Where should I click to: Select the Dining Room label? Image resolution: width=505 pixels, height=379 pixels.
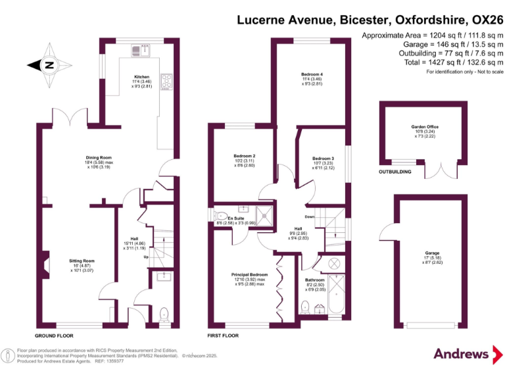tap(99, 157)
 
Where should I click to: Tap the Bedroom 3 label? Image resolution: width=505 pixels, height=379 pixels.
tap(323, 159)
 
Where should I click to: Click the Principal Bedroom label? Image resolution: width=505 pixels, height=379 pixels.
tap(249, 274)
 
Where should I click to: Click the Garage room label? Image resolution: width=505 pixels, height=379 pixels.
tap(432, 252)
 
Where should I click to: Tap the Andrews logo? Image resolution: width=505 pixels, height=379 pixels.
tap(462, 354)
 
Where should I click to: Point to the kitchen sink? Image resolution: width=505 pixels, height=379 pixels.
tap(141, 50)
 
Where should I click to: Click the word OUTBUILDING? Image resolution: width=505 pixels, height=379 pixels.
tap(395, 172)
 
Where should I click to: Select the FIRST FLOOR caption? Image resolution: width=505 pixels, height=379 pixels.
tap(223, 335)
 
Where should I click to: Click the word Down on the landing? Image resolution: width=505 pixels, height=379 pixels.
tap(309, 216)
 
